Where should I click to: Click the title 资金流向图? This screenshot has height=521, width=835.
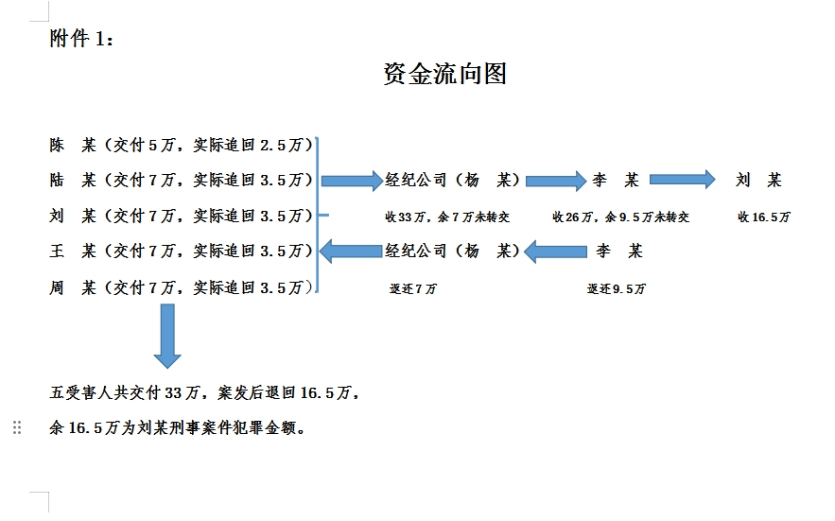pyautogui.click(x=444, y=74)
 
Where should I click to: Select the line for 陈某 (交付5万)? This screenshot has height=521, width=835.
pyautogui.click(x=181, y=146)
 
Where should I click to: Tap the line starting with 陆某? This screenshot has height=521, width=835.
pyautogui.click(x=181, y=180)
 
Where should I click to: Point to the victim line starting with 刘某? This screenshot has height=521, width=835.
pyautogui.click(x=181, y=216)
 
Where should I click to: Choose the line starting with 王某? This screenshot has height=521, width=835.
pyautogui.click(x=181, y=251)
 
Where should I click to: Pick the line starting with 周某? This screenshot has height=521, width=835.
pyautogui.click(x=181, y=287)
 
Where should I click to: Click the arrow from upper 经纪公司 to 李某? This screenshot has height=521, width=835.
pyautogui.click(x=556, y=180)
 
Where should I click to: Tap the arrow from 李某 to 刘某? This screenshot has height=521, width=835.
pyautogui.click(x=682, y=180)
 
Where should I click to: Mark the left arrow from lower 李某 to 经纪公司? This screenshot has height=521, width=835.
pyautogui.click(x=556, y=252)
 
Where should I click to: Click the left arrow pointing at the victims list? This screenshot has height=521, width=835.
pyautogui.click(x=351, y=252)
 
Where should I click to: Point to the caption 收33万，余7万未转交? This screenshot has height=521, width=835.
pyautogui.click(x=446, y=217)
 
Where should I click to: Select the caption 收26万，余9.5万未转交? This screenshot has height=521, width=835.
pyautogui.click(x=620, y=217)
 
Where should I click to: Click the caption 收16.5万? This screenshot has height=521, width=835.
pyautogui.click(x=764, y=217)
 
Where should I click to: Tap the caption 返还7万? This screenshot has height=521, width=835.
pyautogui.click(x=413, y=288)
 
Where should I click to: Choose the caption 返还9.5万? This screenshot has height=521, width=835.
pyautogui.click(x=616, y=288)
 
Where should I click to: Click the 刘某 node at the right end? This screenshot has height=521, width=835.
pyautogui.click(x=758, y=180)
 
